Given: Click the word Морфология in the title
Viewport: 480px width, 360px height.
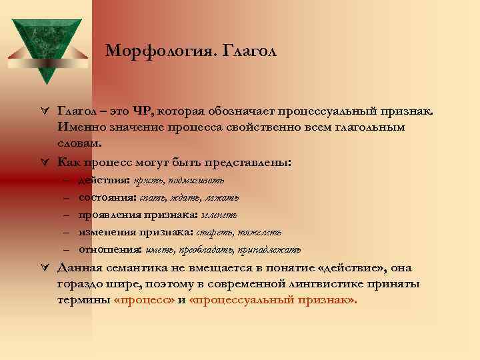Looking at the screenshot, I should click(x=145, y=51).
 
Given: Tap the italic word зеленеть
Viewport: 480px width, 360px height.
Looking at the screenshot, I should click(x=219, y=215).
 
